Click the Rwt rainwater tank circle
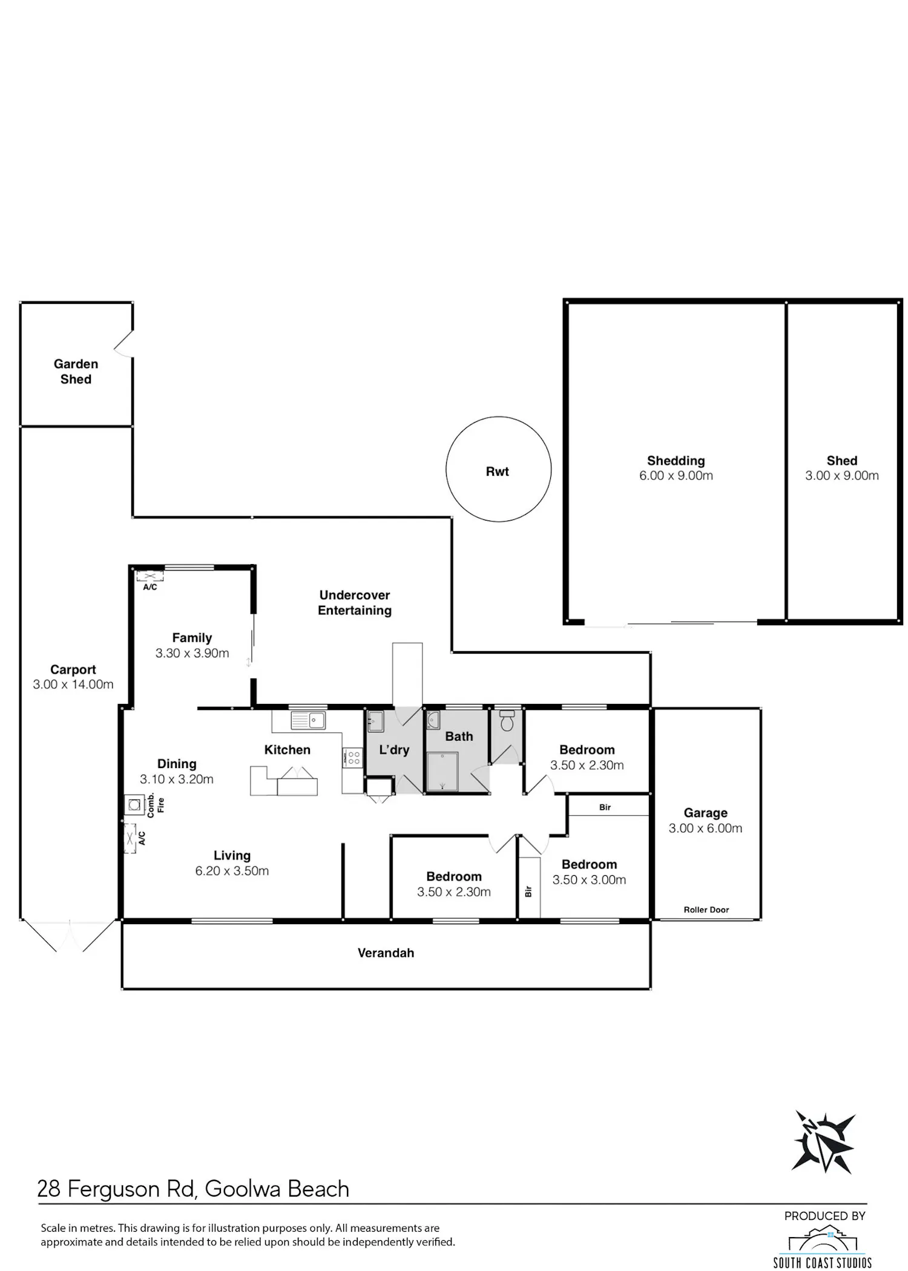tap(447, 469)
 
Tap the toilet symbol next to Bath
tap(507, 721)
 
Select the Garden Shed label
tap(76, 372)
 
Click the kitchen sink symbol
tap(308, 720)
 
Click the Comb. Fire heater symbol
tap(134, 805)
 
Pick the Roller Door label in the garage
tap(706, 910)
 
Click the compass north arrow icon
tap(824, 1142)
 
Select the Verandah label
tap(386, 953)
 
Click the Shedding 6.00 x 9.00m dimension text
tap(676, 476)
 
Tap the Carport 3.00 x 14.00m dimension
tap(73, 685)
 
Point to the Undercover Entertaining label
tap(355, 603)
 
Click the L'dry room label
tap(394, 750)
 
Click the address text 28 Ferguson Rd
tap(117, 1189)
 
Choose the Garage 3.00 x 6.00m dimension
tap(705, 829)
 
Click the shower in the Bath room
tap(442, 771)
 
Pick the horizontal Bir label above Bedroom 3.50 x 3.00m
tap(605, 807)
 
